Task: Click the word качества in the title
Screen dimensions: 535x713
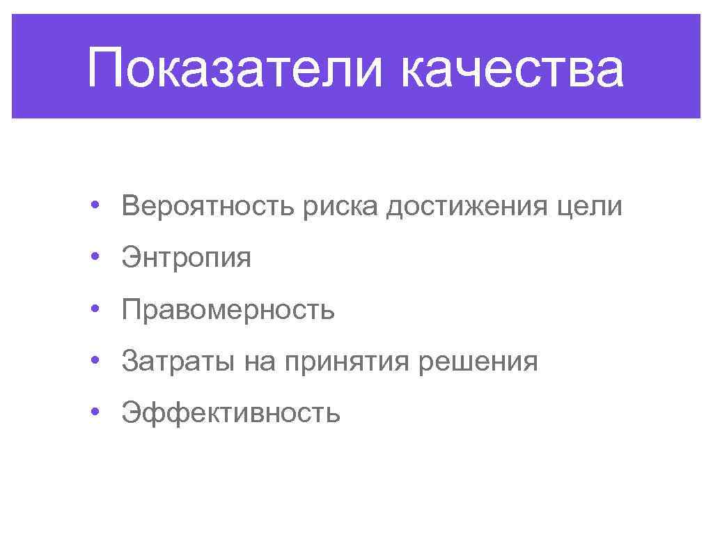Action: pyautogui.click(x=512, y=68)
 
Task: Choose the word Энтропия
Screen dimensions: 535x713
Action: pyautogui.click(x=186, y=258)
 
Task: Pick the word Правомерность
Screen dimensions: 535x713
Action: pyautogui.click(x=228, y=310)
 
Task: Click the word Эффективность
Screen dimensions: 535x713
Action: pyautogui.click(x=230, y=413)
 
